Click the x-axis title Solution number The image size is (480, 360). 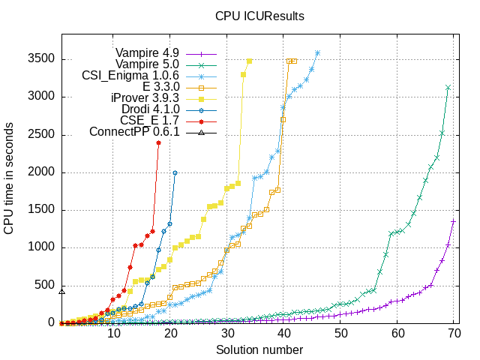pyautogui.click(x=259, y=350)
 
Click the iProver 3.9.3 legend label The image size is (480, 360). pyautogui.click(x=145, y=98)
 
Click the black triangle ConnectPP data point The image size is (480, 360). pyautogui.click(x=62, y=292)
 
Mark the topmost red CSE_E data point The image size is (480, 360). pyautogui.click(x=158, y=142)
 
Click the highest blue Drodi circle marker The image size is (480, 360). pyautogui.click(x=175, y=172)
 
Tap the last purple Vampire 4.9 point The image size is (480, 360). pyautogui.click(x=453, y=221)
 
